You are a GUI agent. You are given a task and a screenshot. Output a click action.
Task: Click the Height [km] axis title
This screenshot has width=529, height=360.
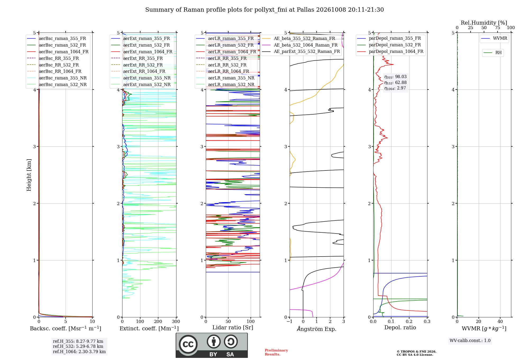(x=29, y=175)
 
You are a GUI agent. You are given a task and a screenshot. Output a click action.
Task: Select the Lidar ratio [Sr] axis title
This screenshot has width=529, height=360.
(x=233, y=327)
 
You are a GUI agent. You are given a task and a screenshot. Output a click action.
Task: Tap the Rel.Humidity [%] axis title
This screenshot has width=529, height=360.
(x=484, y=23)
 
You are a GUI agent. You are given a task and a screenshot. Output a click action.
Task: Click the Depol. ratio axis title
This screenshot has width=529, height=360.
(x=400, y=327)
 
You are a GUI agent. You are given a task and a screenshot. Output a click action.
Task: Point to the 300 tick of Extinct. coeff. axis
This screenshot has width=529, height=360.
(x=176, y=321)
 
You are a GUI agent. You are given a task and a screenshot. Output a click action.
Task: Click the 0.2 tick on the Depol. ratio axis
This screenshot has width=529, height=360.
(x=409, y=321)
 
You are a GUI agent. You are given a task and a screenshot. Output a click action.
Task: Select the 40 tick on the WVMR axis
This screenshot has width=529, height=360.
(x=500, y=321)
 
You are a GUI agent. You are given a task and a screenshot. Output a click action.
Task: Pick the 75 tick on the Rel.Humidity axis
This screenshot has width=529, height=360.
(x=497, y=28)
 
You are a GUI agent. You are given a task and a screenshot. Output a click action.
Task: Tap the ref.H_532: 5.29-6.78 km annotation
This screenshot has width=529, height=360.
(x=78, y=346)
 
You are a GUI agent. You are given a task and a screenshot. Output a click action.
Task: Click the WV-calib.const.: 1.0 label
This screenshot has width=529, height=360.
(x=470, y=340)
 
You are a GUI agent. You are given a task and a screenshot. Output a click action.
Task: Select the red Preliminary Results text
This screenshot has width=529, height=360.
(x=276, y=352)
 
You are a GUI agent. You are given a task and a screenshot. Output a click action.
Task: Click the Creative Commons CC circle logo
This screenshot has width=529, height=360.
(x=188, y=344)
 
